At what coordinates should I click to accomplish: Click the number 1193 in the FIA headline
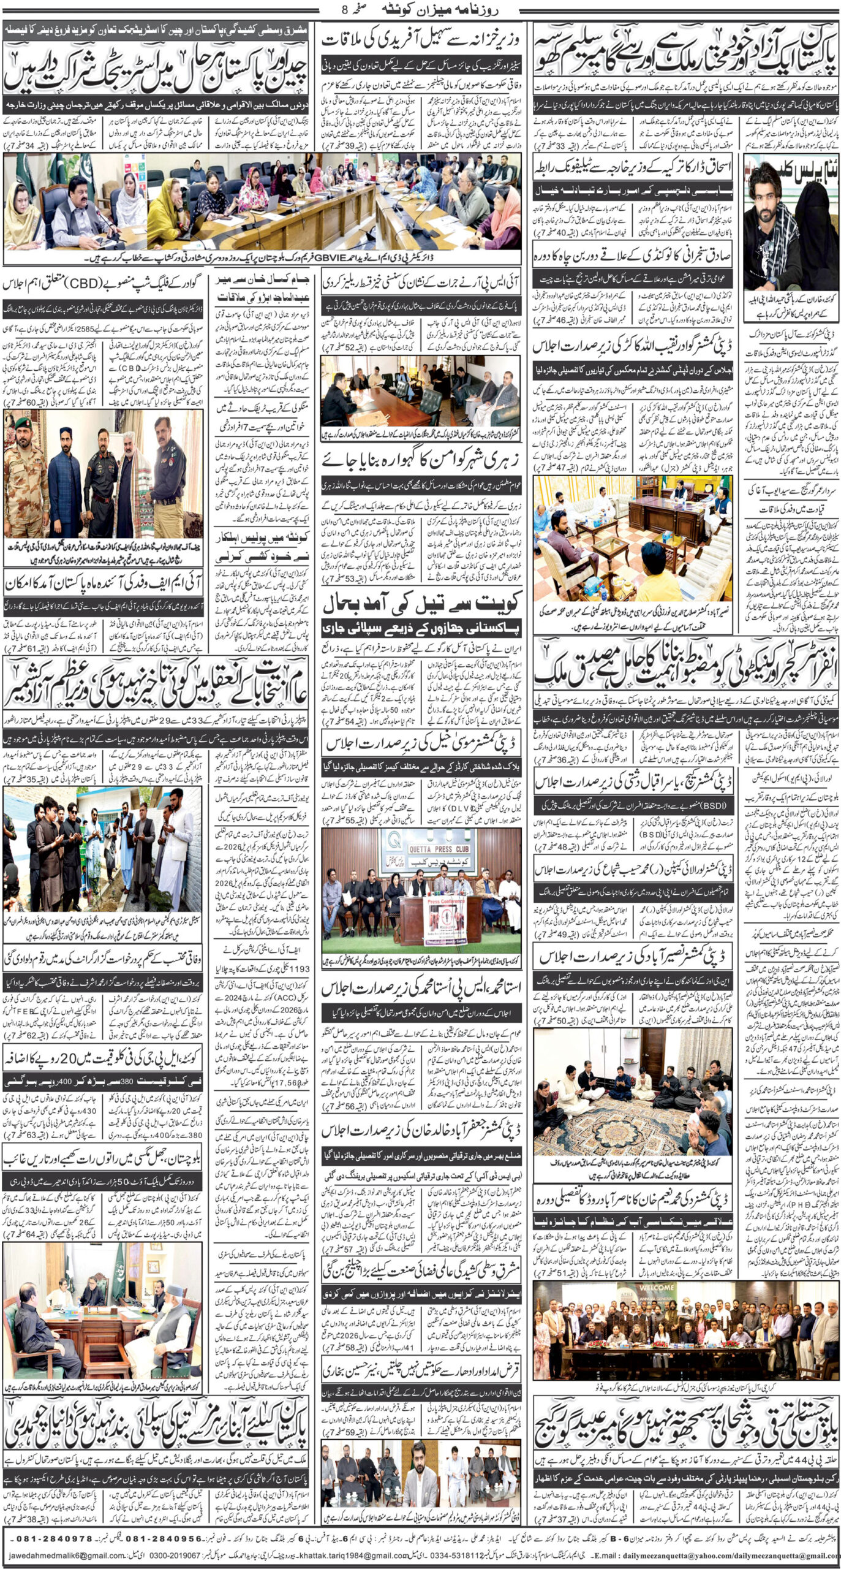(x=298, y=969)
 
